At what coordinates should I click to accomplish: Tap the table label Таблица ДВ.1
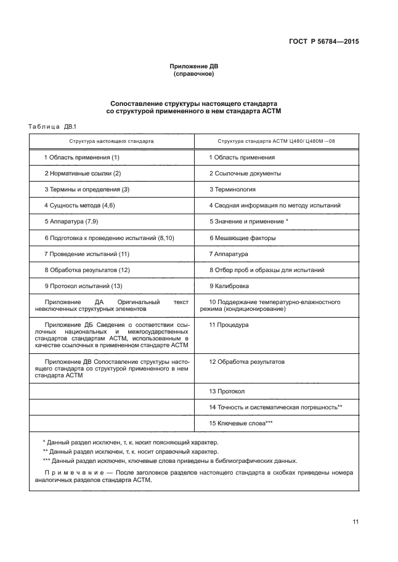pyautogui.click(x=51, y=126)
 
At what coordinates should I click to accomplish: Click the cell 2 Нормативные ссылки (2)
pyautogui.click(x=82, y=174)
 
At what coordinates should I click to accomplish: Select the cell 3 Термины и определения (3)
pyautogui.click(x=86, y=190)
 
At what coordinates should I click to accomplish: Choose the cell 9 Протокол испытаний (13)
pyautogui.click(x=83, y=286)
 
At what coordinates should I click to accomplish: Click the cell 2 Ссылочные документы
pyautogui.click(x=245, y=174)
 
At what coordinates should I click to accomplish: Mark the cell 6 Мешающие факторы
pyautogui.click(x=242, y=238)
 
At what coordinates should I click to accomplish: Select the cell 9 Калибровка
pyautogui.click(x=230, y=286)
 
